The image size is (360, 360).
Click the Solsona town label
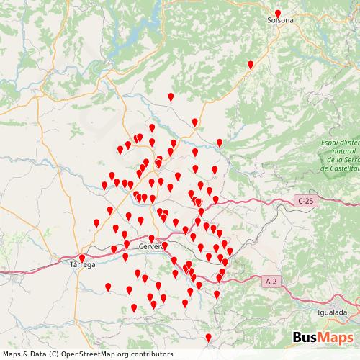pyautogui.click(x=280, y=20)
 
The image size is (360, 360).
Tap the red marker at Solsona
pyautogui.click(x=278, y=13)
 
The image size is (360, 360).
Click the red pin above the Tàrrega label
pyautogui.click(x=82, y=258)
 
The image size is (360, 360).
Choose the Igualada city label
pyautogui.click(x=332, y=312)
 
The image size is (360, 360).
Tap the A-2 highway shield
pyautogui.click(x=271, y=281)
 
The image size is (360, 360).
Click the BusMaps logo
pyautogui.click(x=323, y=338)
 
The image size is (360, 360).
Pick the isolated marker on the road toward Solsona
pyautogui.click(x=251, y=65)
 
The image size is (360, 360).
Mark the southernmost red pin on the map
pyautogui.click(x=209, y=337)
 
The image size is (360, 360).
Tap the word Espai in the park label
pyautogui.click(x=333, y=143)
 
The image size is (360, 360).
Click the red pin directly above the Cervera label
pyautogui.click(x=151, y=238)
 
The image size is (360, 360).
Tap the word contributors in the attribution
pyautogui.click(x=143, y=354)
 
